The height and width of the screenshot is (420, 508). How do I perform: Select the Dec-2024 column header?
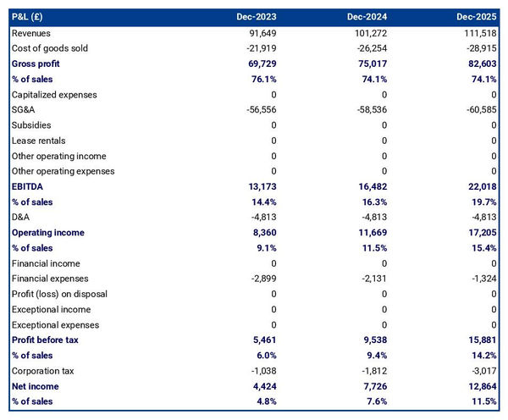pos(368,17)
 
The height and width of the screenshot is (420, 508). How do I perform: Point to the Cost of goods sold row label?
pos(50,48)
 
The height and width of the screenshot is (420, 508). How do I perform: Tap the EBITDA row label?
pos(28,186)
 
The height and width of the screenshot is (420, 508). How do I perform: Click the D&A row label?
pos(21,218)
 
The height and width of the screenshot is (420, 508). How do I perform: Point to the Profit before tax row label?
pos(45,340)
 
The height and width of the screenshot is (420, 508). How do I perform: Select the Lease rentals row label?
pos(38,141)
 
